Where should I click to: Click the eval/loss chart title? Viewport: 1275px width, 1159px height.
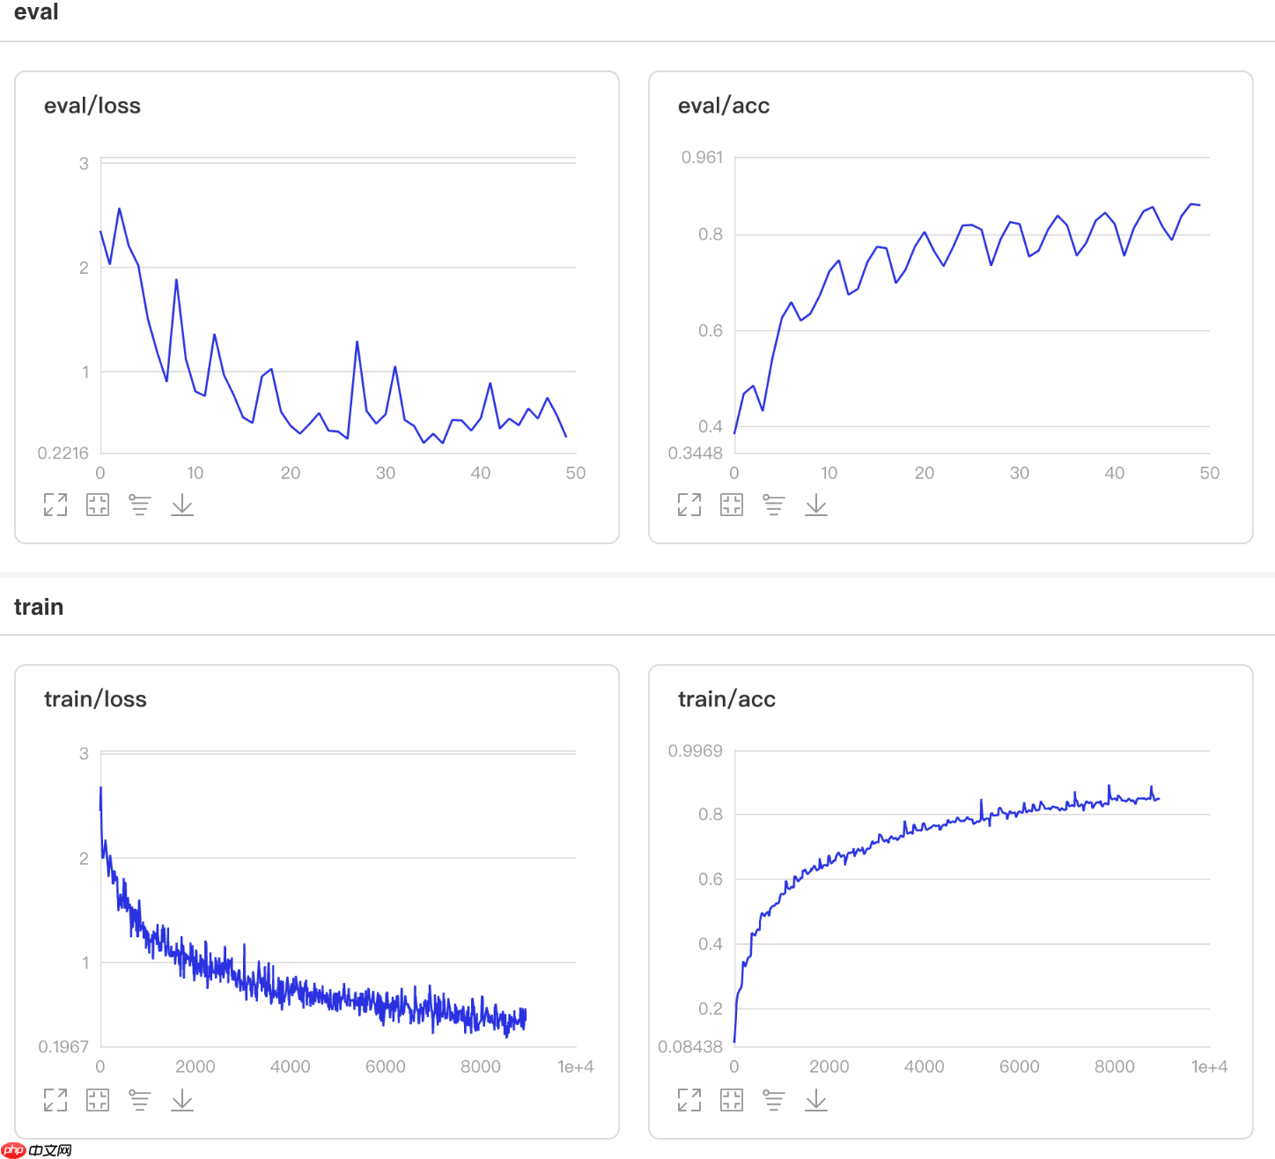[92, 106]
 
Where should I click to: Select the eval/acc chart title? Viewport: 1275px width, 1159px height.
[723, 106]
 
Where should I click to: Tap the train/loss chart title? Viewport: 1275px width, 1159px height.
[95, 699]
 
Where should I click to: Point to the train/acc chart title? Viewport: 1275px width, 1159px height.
[726, 699]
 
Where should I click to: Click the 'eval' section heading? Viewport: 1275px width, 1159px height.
[36, 12]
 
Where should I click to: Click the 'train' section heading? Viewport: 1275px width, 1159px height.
[39, 607]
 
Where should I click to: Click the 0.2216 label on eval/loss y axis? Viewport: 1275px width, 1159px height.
[63, 453]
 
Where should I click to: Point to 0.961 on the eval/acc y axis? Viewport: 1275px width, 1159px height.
[702, 158]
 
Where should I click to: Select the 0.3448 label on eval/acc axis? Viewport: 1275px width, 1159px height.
[696, 453]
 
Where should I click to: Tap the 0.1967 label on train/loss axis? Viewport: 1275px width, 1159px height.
[63, 1046]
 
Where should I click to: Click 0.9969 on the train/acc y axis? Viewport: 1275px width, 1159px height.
[695, 751]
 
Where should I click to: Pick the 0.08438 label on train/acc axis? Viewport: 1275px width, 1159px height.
[690, 1046]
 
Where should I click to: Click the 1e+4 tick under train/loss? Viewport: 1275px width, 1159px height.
[575, 1067]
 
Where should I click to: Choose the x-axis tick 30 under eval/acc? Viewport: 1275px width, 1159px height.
[1019, 473]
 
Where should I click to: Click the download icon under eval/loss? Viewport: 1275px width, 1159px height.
[182, 505]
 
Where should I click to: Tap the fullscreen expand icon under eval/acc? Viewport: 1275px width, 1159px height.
[689, 505]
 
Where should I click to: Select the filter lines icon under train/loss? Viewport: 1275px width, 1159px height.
[140, 1099]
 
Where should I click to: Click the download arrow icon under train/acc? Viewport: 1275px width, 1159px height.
[816, 1099]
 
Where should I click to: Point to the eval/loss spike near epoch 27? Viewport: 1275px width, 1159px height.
[357, 343]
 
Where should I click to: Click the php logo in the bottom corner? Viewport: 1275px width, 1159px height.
[14, 1149]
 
